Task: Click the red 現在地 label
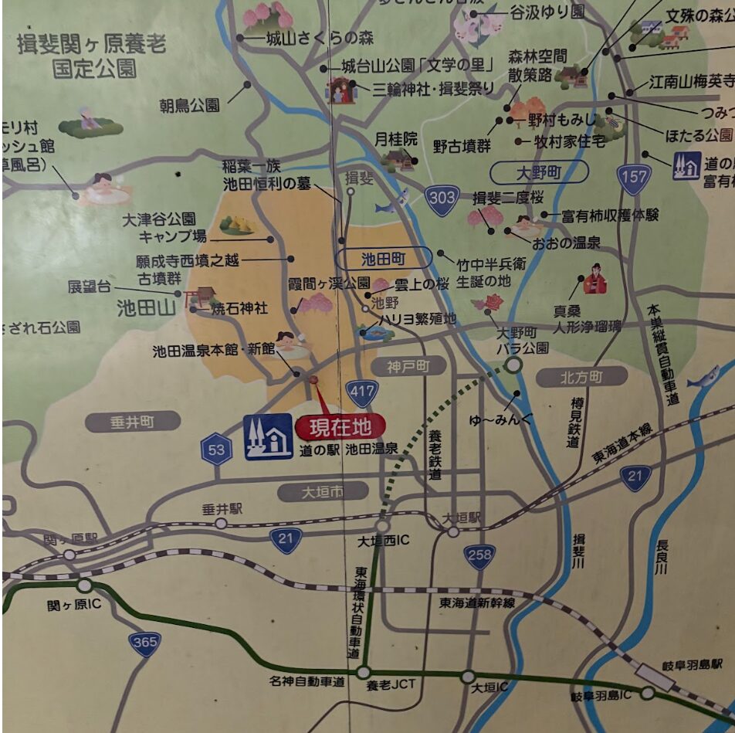click(x=340, y=426)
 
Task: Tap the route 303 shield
click(x=442, y=199)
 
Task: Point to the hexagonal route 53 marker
click(x=217, y=450)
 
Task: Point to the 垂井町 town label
click(x=132, y=421)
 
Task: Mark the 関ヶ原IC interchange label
click(x=74, y=603)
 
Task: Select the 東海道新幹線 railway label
click(x=477, y=602)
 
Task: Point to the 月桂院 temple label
click(x=395, y=139)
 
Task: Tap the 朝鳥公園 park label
click(x=190, y=105)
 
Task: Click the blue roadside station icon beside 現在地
click(x=269, y=437)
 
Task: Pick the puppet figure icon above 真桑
click(x=595, y=280)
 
